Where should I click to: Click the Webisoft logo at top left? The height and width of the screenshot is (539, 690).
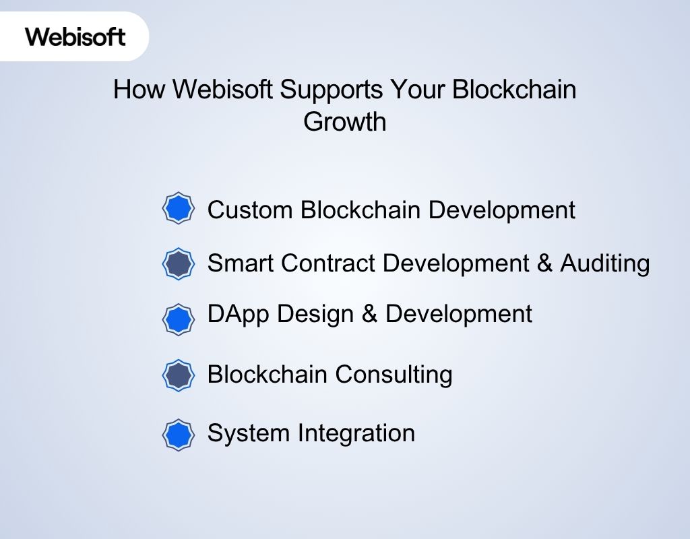pos(75,36)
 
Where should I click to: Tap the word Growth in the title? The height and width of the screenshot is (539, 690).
pos(345,122)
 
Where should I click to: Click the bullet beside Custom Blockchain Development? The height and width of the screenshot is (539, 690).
pos(179,209)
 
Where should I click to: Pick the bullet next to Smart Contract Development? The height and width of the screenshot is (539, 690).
pos(179,263)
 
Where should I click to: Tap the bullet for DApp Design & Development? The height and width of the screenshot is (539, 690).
pos(179,319)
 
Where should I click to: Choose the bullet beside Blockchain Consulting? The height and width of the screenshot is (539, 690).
pos(179,375)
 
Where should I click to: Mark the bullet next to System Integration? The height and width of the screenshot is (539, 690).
pos(179,435)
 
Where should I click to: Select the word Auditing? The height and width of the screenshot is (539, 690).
pos(605,263)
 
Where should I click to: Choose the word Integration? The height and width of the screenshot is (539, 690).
pos(358,433)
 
